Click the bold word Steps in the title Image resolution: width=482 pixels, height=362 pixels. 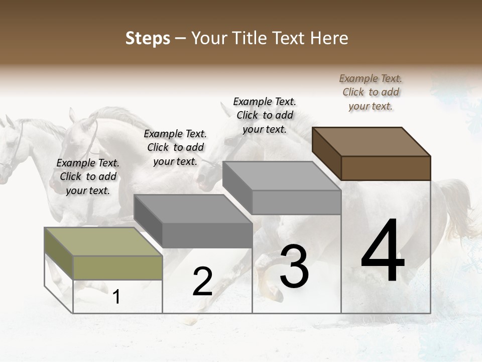(x=148, y=38)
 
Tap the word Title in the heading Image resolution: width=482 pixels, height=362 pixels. (x=249, y=38)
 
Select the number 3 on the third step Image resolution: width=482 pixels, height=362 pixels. (x=294, y=266)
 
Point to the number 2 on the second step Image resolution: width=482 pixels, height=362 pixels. (x=202, y=282)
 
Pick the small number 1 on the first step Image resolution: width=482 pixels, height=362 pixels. (x=116, y=297)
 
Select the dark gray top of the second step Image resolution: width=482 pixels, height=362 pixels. (x=193, y=209)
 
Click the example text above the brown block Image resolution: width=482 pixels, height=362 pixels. (x=371, y=92)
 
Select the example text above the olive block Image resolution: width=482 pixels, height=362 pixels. (x=88, y=176)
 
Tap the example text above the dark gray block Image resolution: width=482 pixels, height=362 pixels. (x=175, y=147)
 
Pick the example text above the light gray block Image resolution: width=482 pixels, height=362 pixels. (x=265, y=115)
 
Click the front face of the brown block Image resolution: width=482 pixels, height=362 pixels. (x=386, y=168)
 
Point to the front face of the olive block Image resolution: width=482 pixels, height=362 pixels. (x=117, y=267)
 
